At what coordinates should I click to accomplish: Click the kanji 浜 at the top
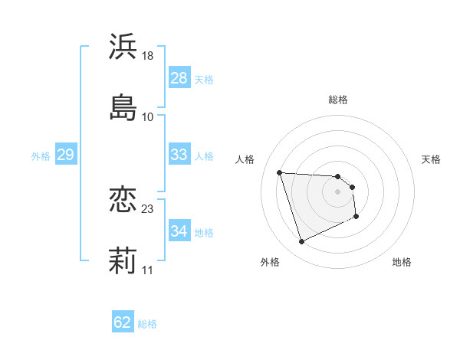[x=123, y=47]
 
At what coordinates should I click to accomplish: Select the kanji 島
[x=123, y=106]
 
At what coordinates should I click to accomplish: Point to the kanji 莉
[x=123, y=260]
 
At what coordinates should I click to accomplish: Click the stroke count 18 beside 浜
[x=148, y=56]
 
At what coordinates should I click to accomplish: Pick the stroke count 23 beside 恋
[x=148, y=208]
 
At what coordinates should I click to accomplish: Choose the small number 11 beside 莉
[x=147, y=270]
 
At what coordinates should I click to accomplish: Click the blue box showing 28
[x=179, y=78]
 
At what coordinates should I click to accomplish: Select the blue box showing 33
[x=179, y=155]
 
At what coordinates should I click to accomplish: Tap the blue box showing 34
[x=179, y=231]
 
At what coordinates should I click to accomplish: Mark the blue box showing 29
[x=65, y=155]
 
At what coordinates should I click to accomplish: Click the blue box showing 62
[x=123, y=322]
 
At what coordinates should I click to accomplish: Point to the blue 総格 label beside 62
[x=147, y=324]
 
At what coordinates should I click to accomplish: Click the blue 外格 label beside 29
[x=41, y=156]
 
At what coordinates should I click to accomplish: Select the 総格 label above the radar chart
[x=338, y=100]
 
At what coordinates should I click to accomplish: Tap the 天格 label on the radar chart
[x=432, y=159]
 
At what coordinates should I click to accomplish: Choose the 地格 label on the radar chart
[x=402, y=262]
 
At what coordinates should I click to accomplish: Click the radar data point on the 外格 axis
[x=301, y=242]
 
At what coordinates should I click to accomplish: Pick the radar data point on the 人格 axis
[x=280, y=172]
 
